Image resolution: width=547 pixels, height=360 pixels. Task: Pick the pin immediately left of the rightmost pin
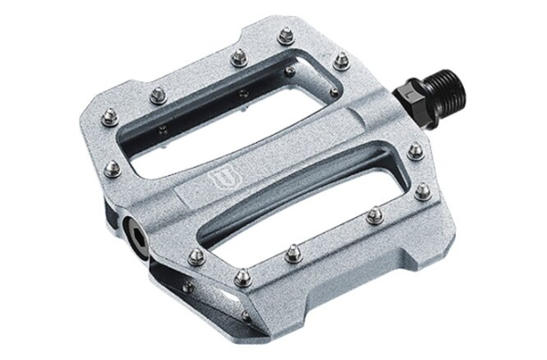pos(374,215)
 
